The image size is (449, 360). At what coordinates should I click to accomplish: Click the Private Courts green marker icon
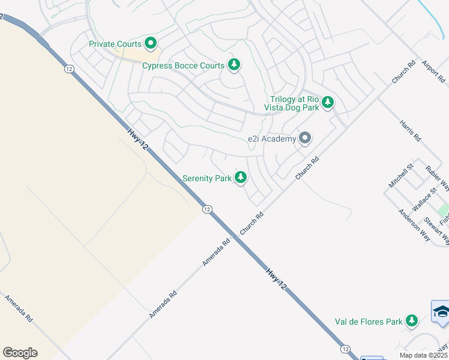150,43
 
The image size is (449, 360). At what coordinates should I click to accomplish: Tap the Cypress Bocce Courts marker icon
234,65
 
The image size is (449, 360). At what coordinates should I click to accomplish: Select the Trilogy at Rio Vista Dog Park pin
328,102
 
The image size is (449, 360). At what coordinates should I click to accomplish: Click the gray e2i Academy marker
305,139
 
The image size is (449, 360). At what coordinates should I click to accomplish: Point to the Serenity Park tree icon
241,178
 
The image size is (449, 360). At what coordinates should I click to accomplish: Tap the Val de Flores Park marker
412,321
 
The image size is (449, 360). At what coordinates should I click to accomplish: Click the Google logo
20,353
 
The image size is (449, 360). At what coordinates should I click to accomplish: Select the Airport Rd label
433,70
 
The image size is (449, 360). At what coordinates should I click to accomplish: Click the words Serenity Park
207,178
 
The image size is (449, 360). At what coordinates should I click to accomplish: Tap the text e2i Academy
272,139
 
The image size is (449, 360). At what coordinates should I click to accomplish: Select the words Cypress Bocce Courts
183,65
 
